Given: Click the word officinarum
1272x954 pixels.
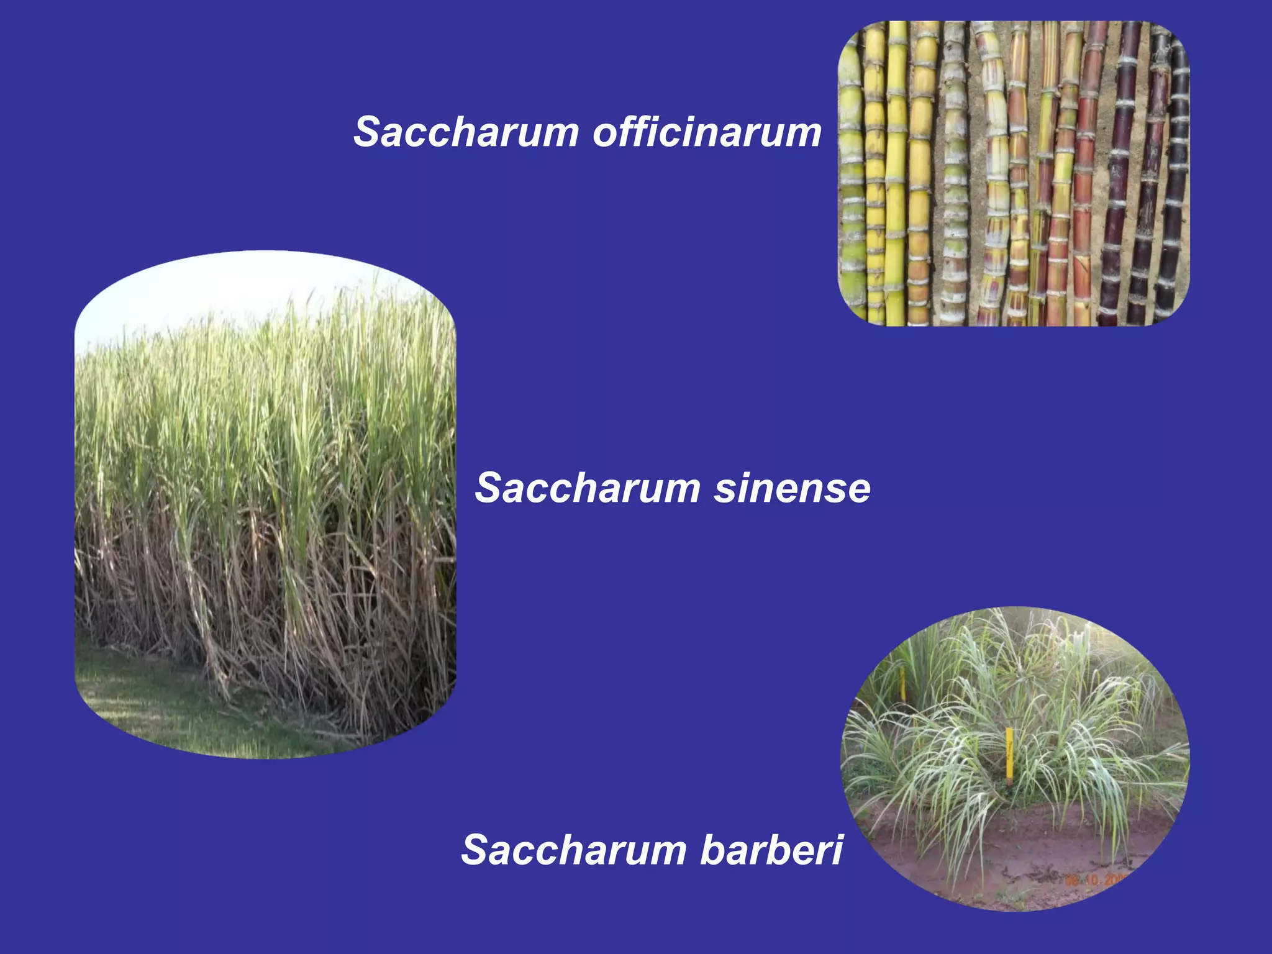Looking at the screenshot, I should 707,133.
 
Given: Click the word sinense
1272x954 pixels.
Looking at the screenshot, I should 792,488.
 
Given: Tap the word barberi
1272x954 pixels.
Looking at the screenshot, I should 771,850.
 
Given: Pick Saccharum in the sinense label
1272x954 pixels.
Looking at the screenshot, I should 588,488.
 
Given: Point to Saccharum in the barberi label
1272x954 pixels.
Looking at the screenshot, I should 574,850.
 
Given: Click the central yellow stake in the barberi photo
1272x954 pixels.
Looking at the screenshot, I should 1009,753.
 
